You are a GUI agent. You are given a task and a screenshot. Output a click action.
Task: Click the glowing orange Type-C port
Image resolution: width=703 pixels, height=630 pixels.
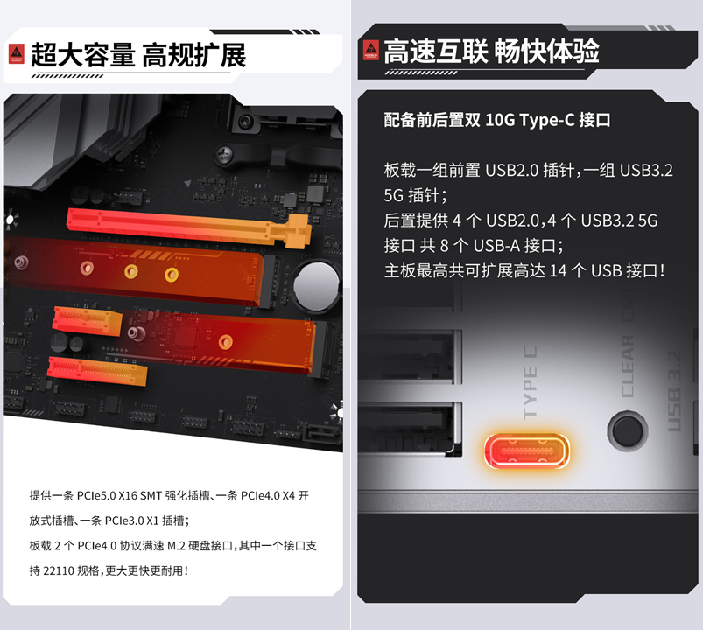click(527, 451)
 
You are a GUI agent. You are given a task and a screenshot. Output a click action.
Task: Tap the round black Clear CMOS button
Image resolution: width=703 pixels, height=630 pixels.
click(628, 430)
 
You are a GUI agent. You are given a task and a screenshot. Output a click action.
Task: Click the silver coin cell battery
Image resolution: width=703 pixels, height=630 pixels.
click(317, 286)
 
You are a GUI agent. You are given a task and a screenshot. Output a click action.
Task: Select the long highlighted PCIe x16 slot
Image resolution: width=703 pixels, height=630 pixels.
click(189, 228)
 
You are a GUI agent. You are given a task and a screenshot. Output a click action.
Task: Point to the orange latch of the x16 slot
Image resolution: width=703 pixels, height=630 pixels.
click(299, 230)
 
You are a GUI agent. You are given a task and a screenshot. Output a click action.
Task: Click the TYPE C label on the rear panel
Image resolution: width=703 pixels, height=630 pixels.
click(530, 382)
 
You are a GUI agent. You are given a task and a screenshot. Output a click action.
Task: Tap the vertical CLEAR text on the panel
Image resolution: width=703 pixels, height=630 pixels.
click(628, 366)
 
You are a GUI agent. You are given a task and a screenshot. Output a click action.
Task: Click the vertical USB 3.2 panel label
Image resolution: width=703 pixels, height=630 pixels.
click(675, 391)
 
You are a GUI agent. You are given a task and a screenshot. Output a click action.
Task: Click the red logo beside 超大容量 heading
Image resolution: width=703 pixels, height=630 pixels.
click(17, 54)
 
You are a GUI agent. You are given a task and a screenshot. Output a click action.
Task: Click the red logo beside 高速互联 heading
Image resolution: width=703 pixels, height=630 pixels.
click(371, 50)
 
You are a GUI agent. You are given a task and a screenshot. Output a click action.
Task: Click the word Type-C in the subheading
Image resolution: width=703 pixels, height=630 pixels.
click(547, 121)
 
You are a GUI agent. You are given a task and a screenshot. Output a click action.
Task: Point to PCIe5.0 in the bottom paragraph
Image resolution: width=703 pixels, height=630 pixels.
click(96, 495)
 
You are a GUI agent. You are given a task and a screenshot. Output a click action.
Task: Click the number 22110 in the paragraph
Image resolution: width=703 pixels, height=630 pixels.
click(59, 570)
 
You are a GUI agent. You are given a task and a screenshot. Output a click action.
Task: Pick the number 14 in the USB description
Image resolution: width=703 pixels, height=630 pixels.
click(559, 270)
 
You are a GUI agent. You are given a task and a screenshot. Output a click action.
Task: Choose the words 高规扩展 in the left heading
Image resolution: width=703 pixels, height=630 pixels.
click(194, 55)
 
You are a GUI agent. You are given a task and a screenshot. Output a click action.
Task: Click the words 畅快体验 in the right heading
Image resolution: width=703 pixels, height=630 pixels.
click(547, 51)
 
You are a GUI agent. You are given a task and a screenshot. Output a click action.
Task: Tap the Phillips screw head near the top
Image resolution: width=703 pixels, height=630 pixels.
click(223, 154)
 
